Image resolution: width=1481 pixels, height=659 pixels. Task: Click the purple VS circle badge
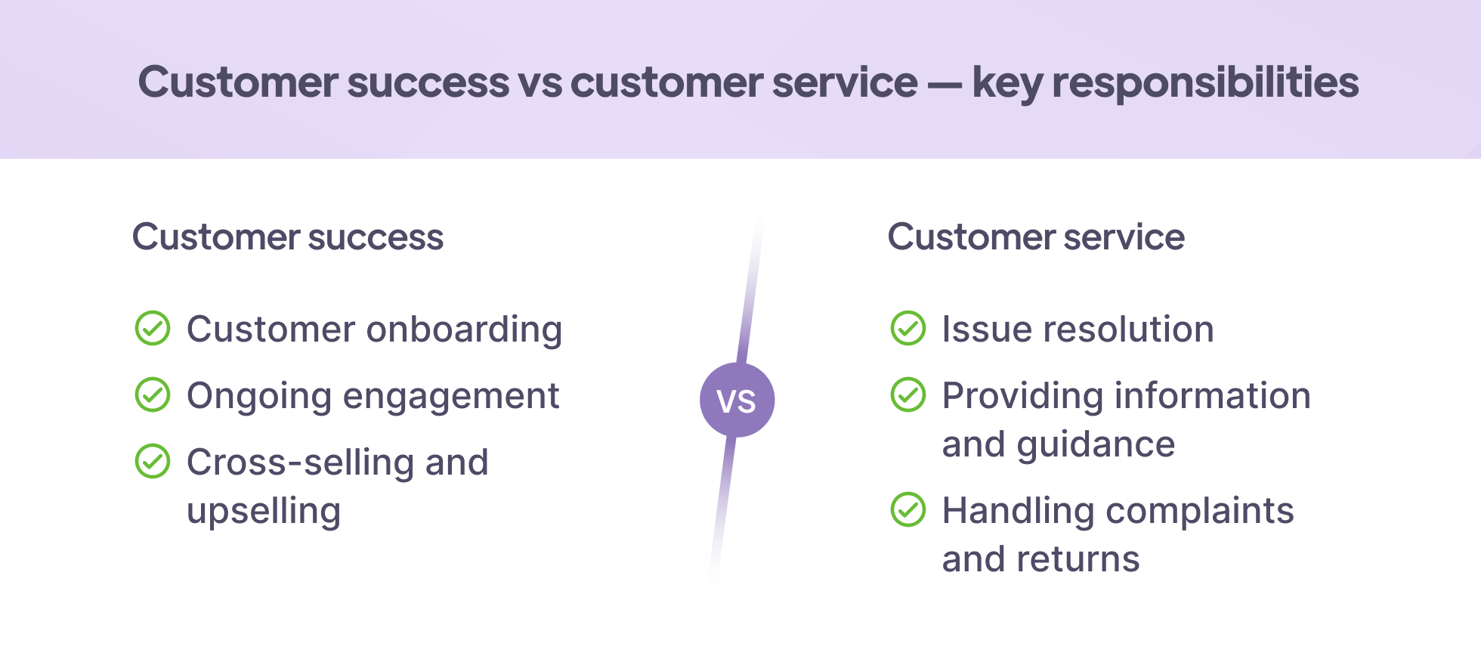pos(737,400)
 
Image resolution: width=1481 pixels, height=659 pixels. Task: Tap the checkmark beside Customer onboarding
pos(153,329)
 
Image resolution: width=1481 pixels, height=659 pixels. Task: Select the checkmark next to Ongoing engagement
pos(153,395)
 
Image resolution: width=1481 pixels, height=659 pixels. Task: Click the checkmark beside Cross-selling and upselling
pos(153,462)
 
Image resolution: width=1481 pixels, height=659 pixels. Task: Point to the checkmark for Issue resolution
pos(908,329)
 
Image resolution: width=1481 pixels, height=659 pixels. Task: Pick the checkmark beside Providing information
pos(908,395)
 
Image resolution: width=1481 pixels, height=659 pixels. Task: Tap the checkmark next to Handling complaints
pos(908,510)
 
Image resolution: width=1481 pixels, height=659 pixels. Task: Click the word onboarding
pos(464,330)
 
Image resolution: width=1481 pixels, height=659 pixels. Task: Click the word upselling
pos(264,512)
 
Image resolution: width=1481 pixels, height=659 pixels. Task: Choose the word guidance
pos(1096,445)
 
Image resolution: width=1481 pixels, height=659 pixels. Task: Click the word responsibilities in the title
pos(1205,83)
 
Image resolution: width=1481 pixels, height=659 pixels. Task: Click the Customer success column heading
pos(288,237)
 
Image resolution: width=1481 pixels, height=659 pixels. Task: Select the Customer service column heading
pos(1036,237)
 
